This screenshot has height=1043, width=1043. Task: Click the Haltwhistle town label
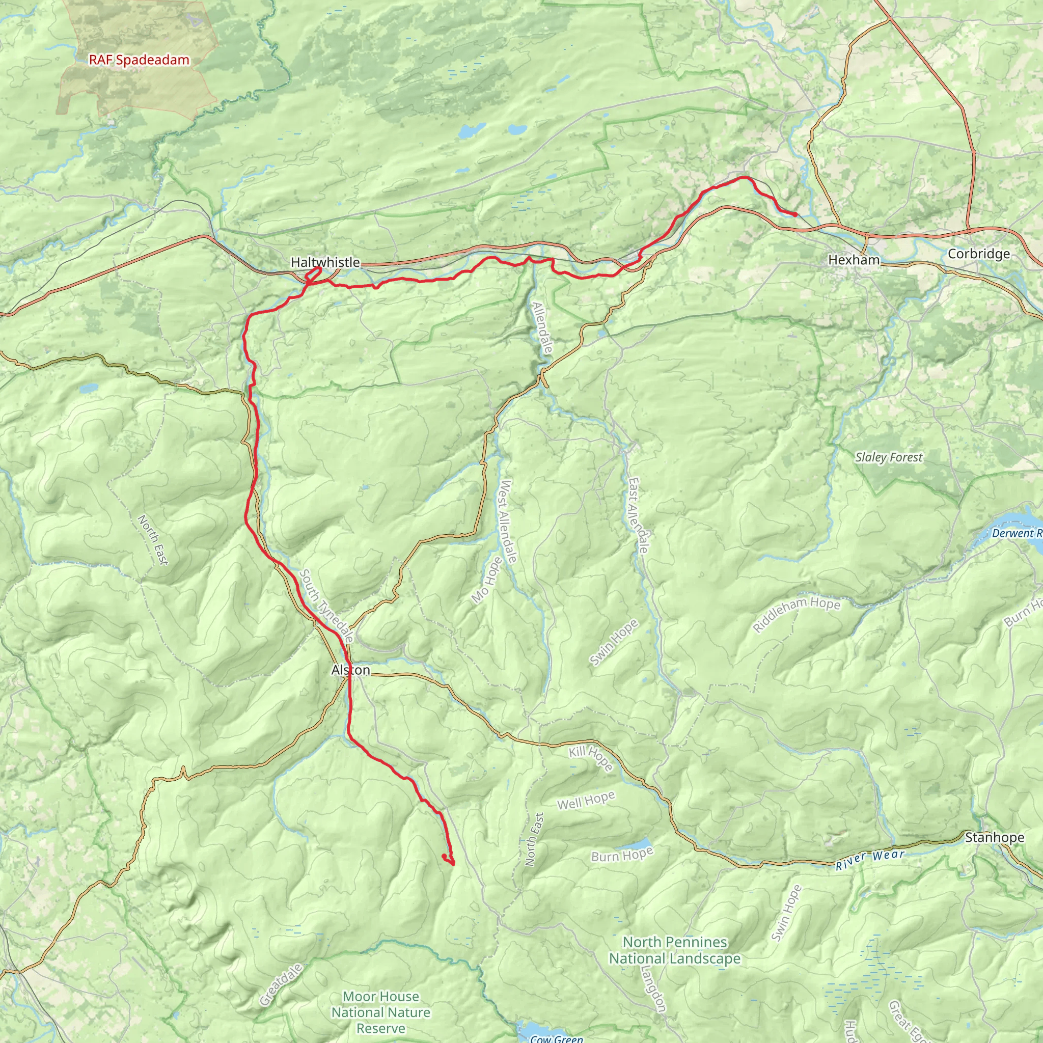tap(325, 262)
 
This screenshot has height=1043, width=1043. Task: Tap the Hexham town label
tap(854, 260)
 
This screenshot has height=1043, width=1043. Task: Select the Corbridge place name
tap(979, 254)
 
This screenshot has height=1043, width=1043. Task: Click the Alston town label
tap(351, 670)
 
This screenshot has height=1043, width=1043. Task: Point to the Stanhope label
tap(995, 837)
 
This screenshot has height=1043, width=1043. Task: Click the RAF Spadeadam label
tap(139, 60)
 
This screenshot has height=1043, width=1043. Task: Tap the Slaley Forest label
tap(889, 457)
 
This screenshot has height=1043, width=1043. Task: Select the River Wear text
tap(869, 860)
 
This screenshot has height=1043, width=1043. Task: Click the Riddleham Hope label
tap(797, 614)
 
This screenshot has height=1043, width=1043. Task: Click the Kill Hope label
tap(591, 758)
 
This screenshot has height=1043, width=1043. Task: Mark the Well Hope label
tap(586, 801)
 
